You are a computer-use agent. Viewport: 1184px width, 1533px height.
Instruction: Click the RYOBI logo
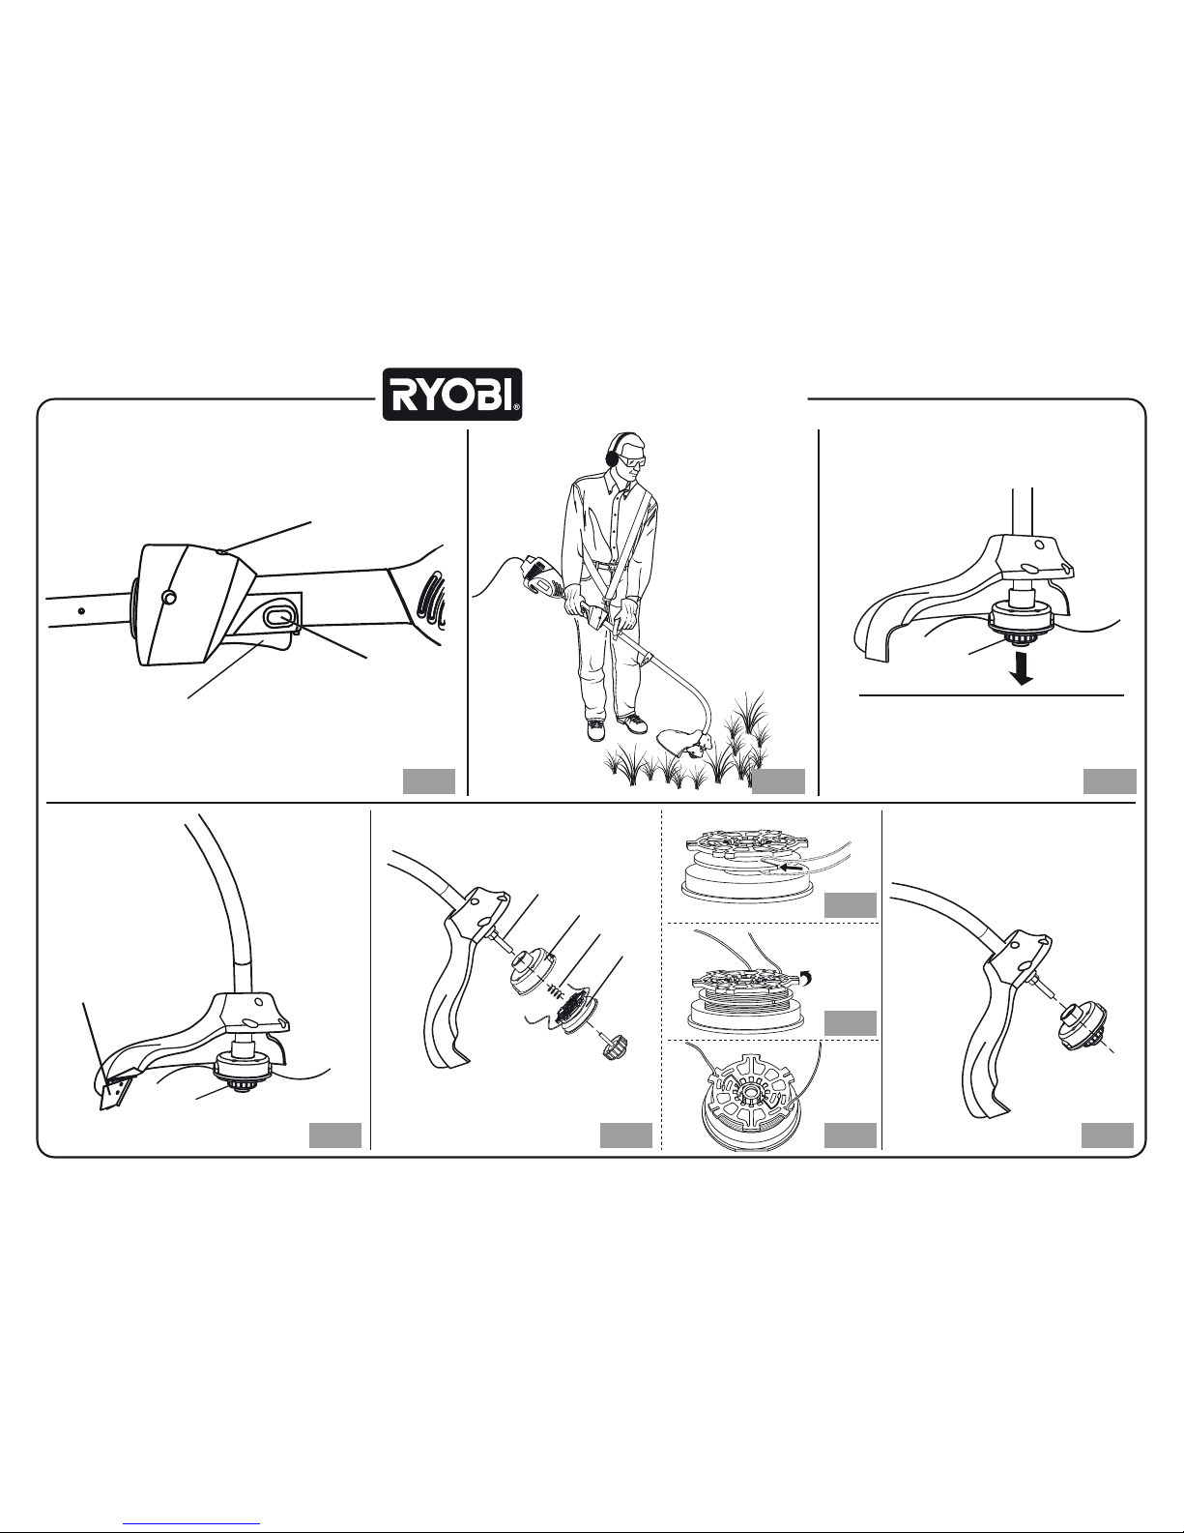[x=451, y=395]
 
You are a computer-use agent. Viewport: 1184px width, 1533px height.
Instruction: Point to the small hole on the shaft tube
[x=82, y=610]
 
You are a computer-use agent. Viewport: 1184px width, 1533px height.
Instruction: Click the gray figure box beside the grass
[x=778, y=781]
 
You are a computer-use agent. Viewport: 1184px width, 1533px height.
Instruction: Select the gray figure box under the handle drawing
[x=428, y=781]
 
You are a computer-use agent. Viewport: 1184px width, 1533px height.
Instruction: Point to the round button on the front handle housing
[x=168, y=598]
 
